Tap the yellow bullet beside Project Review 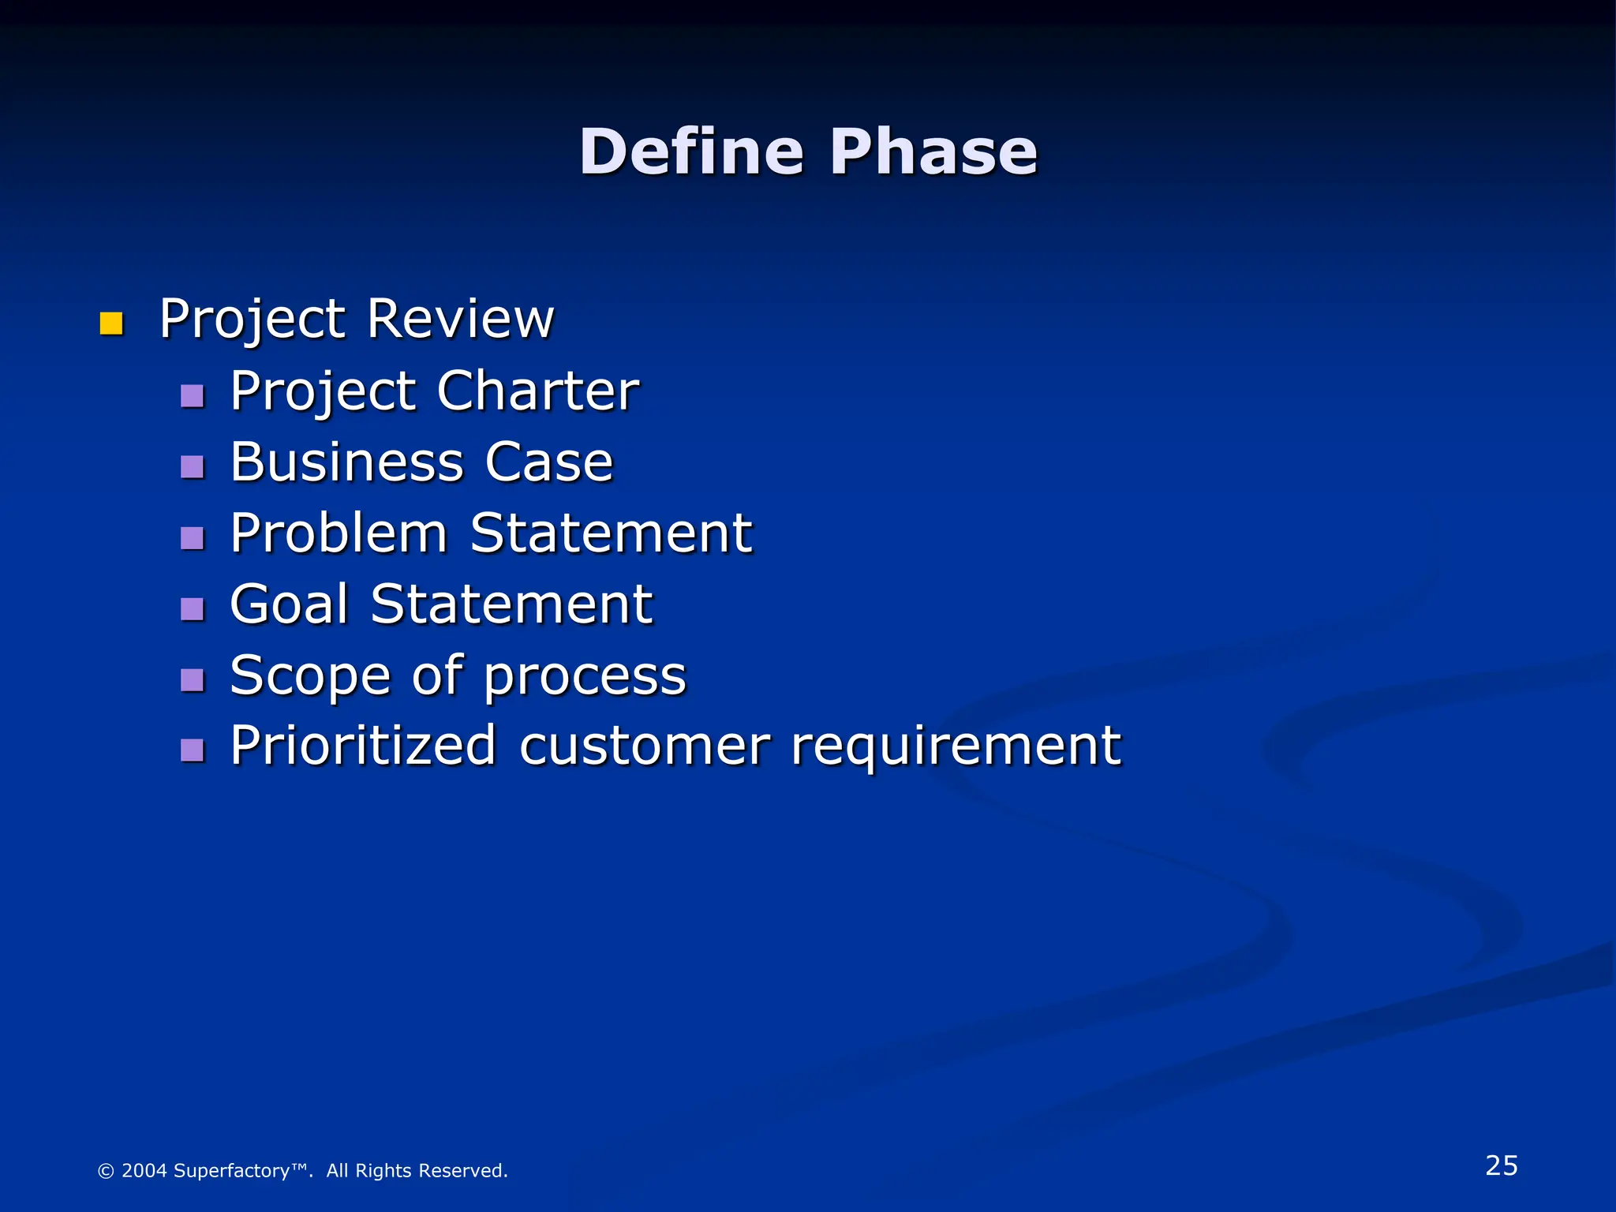coord(111,324)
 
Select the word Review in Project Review coord(461,319)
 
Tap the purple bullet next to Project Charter coord(192,395)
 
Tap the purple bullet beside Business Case coord(192,467)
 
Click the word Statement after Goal coord(511,604)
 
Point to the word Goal coord(289,604)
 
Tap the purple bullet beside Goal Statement coord(192,609)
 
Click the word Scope coord(309,676)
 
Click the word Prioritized coord(363,746)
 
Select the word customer coord(644,746)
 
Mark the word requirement coord(956,747)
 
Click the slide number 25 coord(1501,1165)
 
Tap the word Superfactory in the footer coord(232,1170)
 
